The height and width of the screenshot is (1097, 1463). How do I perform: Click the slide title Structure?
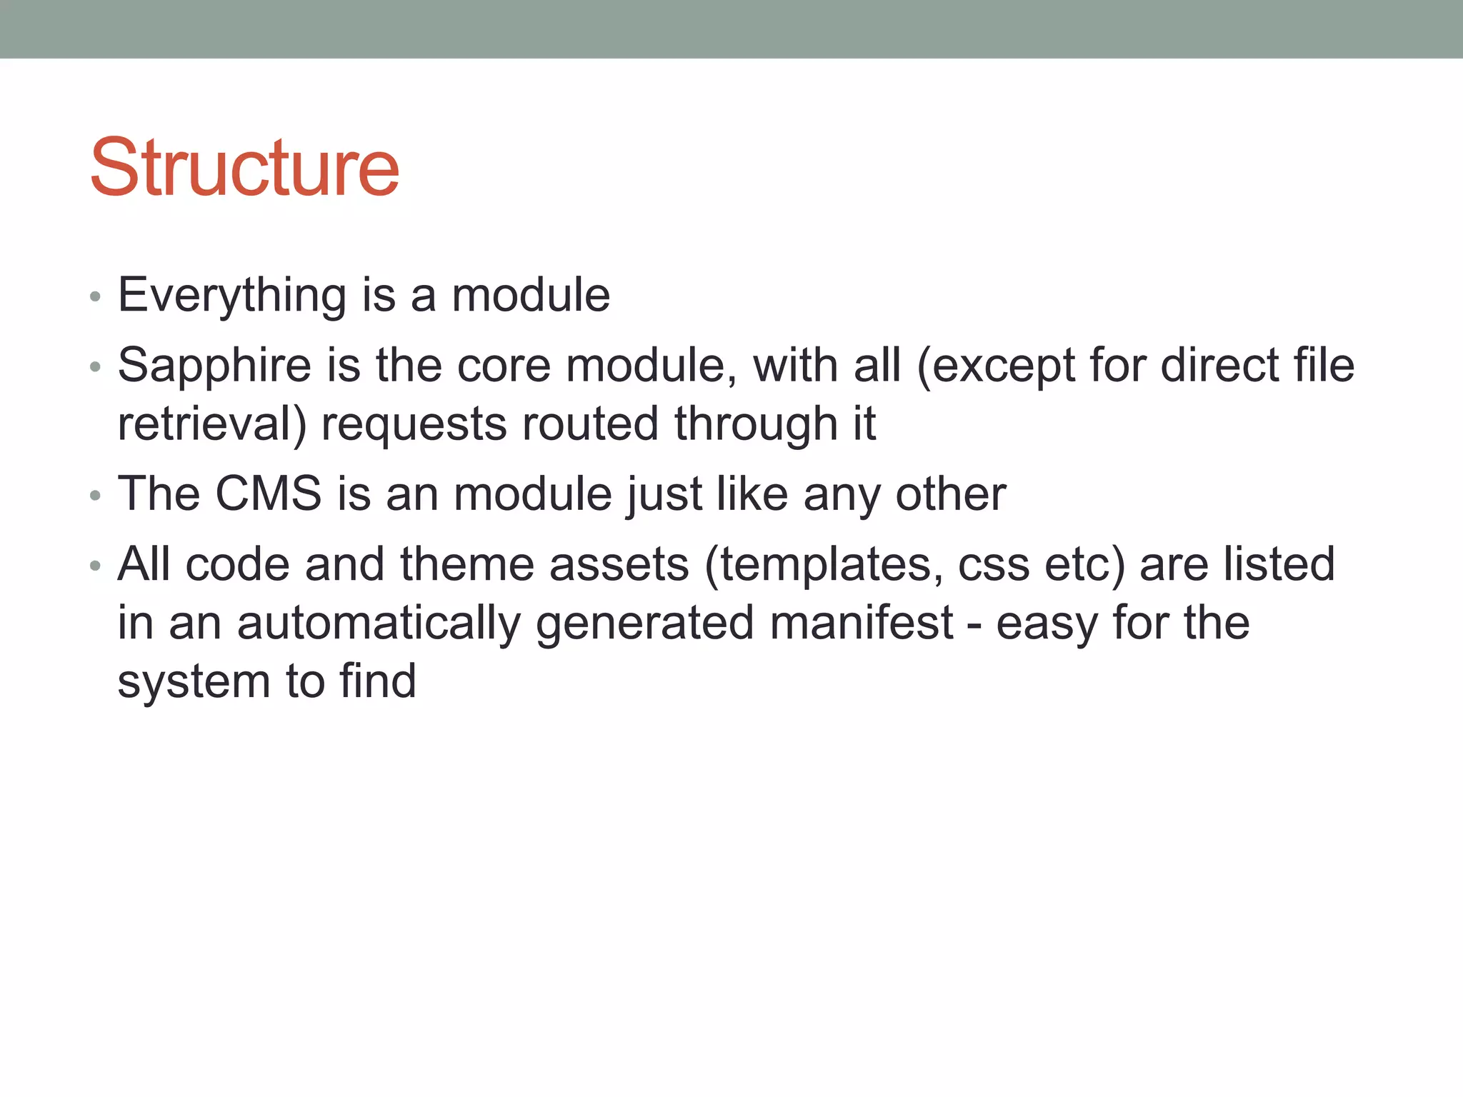pyautogui.click(x=244, y=168)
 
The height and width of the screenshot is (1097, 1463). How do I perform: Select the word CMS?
pyautogui.click(x=269, y=494)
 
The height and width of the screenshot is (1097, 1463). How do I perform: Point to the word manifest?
pyautogui.click(x=862, y=622)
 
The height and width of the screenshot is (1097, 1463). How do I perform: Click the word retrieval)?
pyautogui.click(x=212, y=424)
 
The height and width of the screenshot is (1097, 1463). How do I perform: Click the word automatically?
pyautogui.click(x=379, y=623)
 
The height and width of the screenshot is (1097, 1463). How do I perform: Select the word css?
pyautogui.click(x=993, y=565)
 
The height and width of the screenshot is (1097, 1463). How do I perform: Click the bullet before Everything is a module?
pyautogui.click(x=96, y=297)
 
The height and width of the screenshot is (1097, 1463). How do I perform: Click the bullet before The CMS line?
pyautogui.click(x=96, y=496)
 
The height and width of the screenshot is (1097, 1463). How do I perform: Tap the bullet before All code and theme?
pyautogui.click(x=96, y=566)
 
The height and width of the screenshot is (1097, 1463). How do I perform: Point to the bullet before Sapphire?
pyautogui.click(x=96, y=368)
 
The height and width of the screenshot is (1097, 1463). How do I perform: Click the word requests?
pyautogui.click(x=414, y=425)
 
